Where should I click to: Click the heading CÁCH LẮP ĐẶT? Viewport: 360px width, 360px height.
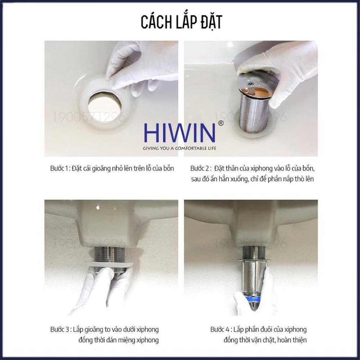tap(181, 22)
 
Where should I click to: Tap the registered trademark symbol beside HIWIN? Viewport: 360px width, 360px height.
tap(220, 123)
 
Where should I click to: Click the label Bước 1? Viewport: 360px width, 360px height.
tap(59, 168)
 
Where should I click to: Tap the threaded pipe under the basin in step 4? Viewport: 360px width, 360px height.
tap(255, 252)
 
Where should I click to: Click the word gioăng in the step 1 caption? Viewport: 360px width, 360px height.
tap(109, 168)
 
